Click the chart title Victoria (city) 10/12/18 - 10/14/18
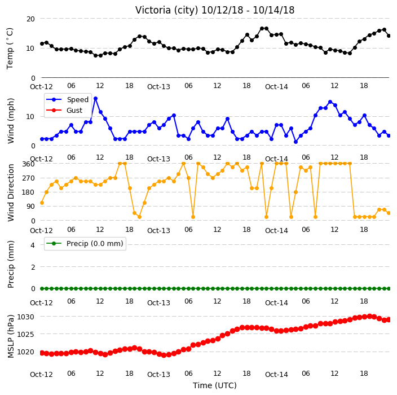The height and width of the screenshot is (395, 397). (x=215, y=10)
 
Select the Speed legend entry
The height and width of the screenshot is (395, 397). (x=67, y=99)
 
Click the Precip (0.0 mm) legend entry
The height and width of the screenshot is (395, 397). (x=85, y=243)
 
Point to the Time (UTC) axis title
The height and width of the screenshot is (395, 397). (x=215, y=385)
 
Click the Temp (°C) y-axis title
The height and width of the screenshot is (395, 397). (x=10, y=49)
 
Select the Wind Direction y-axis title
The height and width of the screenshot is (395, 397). (x=11, y=192)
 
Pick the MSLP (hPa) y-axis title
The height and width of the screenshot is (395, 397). (x=11, y=336)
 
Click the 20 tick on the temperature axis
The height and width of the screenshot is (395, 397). (x=30, y=19)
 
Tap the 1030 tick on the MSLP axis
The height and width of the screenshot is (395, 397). (x=25, y=317)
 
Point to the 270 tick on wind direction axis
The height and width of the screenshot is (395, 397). (x=28, y=178)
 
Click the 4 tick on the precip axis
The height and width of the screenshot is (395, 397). (x=33, y=245)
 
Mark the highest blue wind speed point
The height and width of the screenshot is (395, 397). (x=95, y=99)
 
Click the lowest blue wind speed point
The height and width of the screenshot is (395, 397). (x=295, y=142)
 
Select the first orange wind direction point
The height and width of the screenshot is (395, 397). (x=42, y=203)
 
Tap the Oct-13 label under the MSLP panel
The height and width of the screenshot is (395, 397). (x=158, y=375)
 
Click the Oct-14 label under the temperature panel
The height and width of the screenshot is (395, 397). (x=276, y=87)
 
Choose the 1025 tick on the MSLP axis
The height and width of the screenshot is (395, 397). (x=25, y=334)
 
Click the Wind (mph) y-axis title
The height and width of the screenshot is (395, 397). (x=11, y=121)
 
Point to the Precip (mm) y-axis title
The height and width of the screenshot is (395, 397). (x=11, y=264)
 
